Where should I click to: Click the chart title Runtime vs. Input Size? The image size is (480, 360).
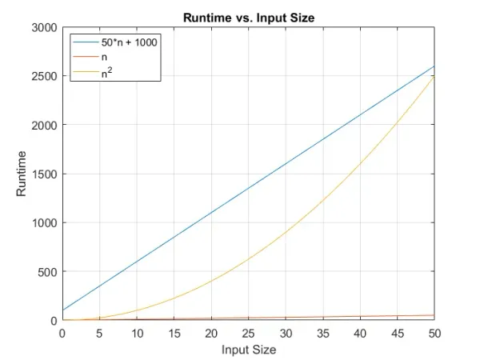click(248, 16)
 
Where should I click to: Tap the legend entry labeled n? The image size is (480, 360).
click(104, 58)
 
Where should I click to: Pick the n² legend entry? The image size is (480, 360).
click(107, 73)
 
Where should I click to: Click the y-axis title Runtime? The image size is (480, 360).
click(22, 174)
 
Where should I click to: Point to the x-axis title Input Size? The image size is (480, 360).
click(248, 350)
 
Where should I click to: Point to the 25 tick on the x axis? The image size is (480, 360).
click(248, 333)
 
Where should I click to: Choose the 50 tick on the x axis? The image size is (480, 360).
click(434, 333)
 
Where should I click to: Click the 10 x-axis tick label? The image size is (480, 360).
click(137, 333)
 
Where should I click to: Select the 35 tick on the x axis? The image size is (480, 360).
click(322, 333)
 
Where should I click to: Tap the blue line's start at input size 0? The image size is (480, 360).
click(62, 310)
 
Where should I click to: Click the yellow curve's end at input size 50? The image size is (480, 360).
click(434, 77)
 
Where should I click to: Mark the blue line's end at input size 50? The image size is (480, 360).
click(434, 66)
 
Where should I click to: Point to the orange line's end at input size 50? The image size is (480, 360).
click(434, 315)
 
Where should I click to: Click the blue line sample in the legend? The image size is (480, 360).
click(85, 42)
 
